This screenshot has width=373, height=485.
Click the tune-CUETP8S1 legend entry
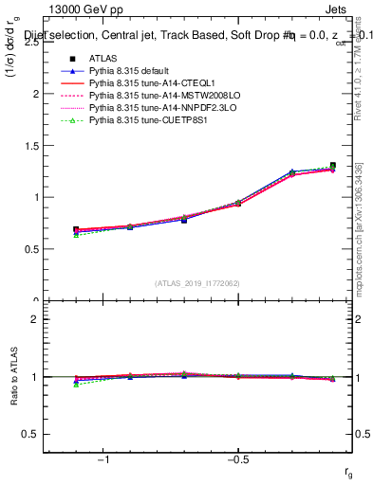139,120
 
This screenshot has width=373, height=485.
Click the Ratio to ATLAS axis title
12,378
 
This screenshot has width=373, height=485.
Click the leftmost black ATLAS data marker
76,230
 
